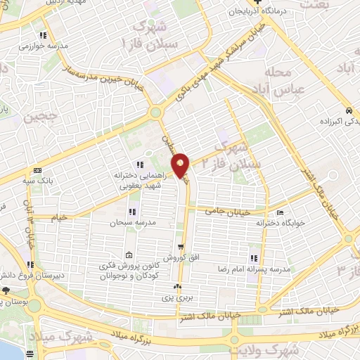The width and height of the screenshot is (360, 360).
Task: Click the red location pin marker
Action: click(181, 164)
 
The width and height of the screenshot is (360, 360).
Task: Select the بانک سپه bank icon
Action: click(37, 171)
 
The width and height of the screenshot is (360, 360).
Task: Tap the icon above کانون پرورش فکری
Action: click(128, 255)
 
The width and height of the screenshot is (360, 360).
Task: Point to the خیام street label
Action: click(60, 217)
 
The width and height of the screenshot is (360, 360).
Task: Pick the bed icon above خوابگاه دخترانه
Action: click(281, 213)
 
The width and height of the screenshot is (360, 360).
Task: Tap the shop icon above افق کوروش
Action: click(181, 247)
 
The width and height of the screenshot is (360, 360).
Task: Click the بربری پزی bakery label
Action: click(177, 298)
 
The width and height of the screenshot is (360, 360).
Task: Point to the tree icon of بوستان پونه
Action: click(6, 290)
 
